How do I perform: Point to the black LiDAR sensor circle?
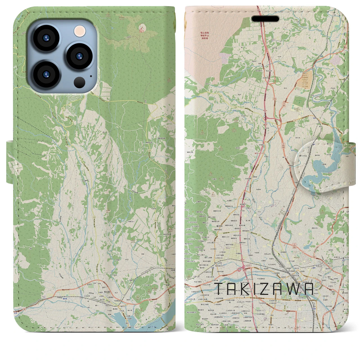click(80, 82)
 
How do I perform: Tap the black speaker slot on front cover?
click(265, 19)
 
